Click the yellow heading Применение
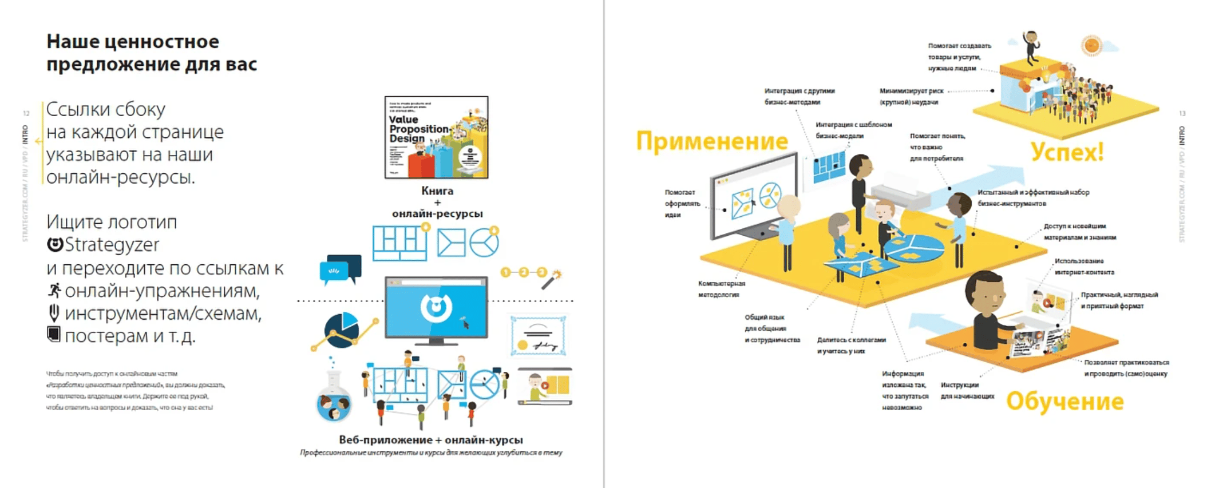point(712,141)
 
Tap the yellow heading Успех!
point(1067,152)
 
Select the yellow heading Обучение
point(1064,401)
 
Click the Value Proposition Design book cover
point(436,137)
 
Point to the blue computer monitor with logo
point(436,309)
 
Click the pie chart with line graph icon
point(344,331)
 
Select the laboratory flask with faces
point(334,395)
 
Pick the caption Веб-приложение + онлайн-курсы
point(430,440)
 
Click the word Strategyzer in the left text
point(112,245)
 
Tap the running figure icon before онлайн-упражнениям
point(54,291)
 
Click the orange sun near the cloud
point(1091,45)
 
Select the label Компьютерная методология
point(721,289)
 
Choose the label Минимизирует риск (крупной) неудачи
point(911,96)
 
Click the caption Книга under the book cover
point(437,191)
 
